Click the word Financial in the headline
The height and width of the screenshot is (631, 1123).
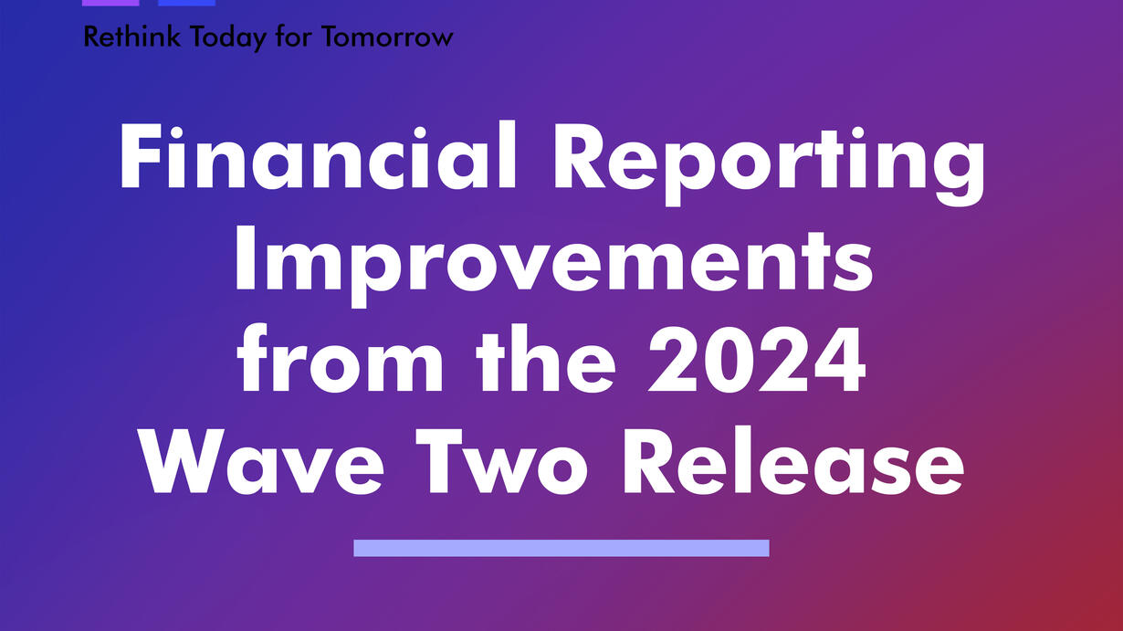[x=318, y=155]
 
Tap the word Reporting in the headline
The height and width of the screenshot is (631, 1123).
[x=770, y=163]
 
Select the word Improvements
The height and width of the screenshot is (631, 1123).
[x=554, y=266]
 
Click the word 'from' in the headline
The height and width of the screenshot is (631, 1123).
[x=341, y=358]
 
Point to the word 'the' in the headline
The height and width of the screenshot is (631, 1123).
[x=546, y=358]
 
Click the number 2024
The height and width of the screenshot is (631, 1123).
[x=757, y=360]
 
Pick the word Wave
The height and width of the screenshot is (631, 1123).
[x=262, y=461]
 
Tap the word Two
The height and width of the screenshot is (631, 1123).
[x=502, y=461]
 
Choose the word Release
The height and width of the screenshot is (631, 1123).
[x=793, y=460]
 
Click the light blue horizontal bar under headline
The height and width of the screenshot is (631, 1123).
[x=561, y=548]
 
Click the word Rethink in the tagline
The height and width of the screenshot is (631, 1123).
[x=131, y=37]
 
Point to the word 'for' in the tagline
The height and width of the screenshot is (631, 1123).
[x=294, y=37]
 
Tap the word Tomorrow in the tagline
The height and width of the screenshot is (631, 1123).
[x=387, y=37]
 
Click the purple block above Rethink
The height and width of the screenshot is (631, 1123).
[x=110, y=3]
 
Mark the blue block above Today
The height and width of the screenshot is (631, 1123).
[x=186, y=3]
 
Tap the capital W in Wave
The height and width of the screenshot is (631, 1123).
[x=183, y=461]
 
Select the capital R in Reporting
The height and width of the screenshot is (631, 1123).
[x=579, y=157]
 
